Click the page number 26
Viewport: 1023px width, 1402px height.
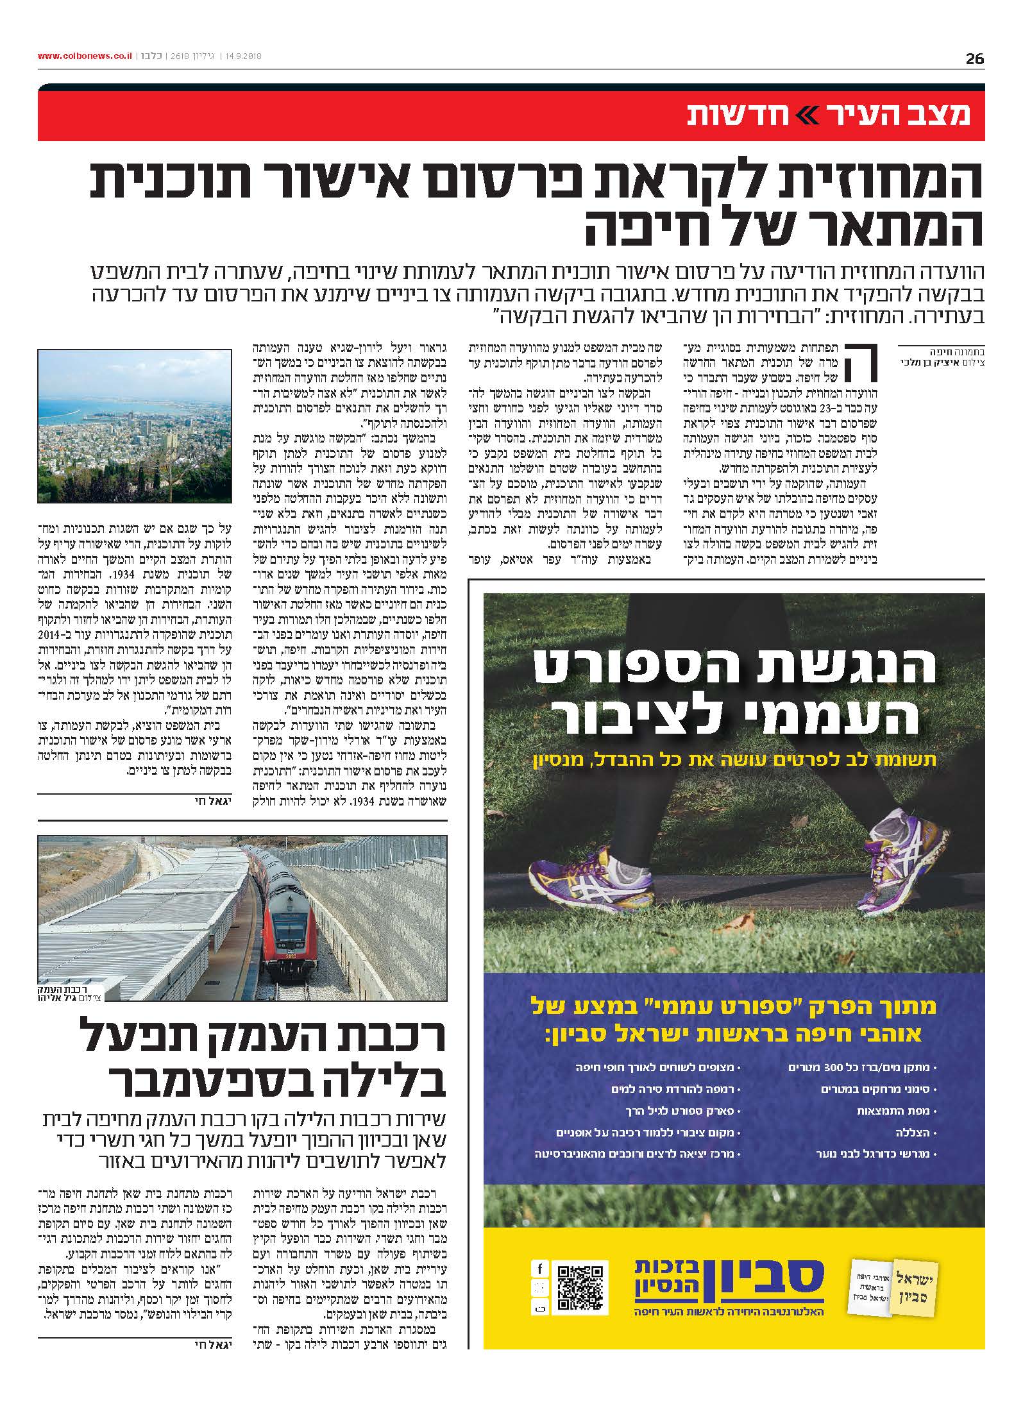coord(974,59)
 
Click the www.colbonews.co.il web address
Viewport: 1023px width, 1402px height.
coord(84,56)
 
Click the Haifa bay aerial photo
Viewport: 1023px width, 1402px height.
coord(135,426)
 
